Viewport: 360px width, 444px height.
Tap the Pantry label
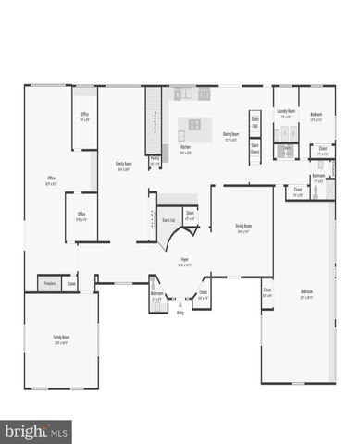(155, 160)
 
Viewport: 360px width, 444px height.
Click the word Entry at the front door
(180, 313)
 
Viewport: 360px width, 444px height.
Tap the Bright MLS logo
(37, 430)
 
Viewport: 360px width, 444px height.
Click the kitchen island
(197, 124)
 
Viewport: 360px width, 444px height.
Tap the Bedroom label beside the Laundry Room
(317, 116)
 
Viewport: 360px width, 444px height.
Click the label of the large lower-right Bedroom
(306, 296)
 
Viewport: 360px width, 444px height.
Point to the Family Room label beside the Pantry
(123, 166)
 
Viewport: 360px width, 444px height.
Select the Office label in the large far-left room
(52, 181)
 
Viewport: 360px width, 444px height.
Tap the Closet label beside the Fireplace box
(71, 284)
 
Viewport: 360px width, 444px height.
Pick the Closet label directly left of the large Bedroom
(267, 294)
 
